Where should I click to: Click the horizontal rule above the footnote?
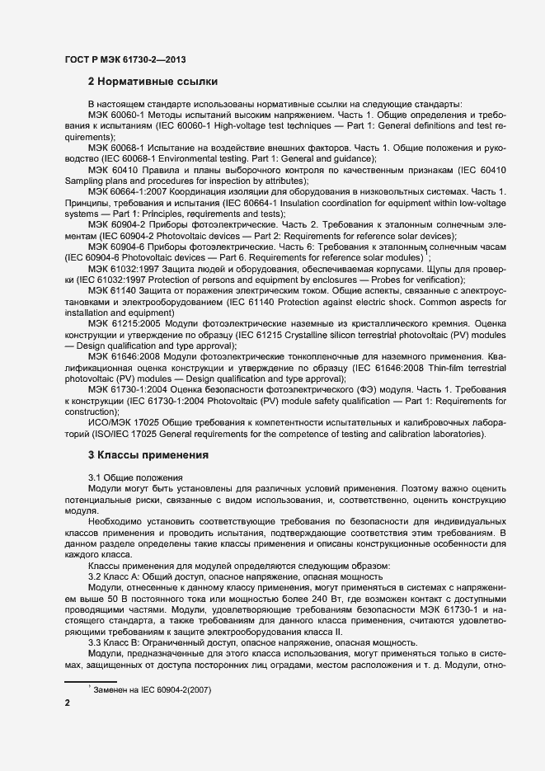[90, 681]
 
